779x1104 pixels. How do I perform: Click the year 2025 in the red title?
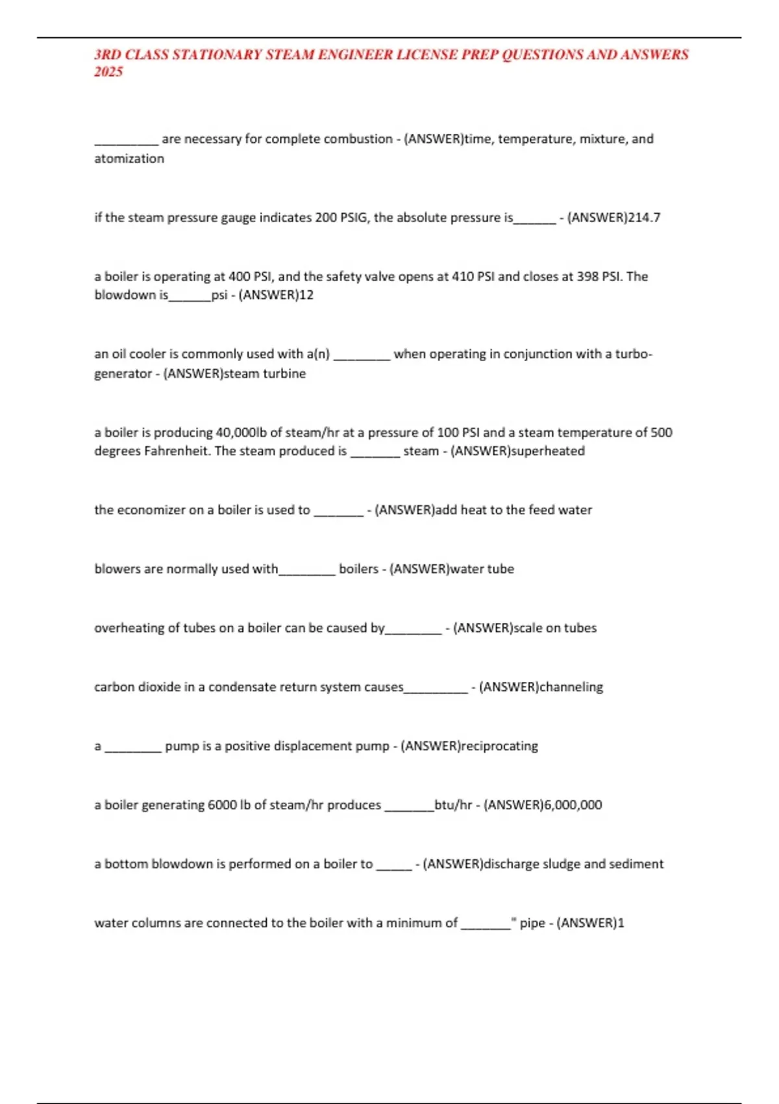(x=108, y=72)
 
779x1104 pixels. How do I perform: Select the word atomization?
(x=129, y=158)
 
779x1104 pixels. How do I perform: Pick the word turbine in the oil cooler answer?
(x=284, y=373)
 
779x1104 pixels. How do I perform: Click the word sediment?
(x=636, y=864)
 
